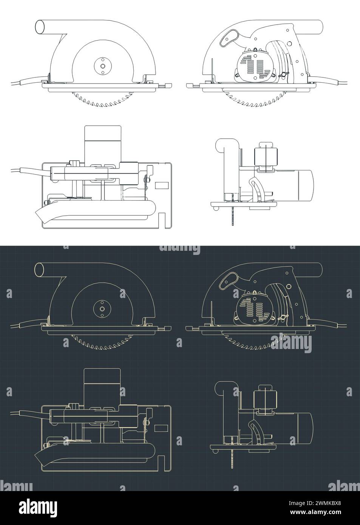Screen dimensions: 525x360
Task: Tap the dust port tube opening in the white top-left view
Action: point(39,27)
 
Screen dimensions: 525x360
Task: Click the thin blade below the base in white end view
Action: point(231,217)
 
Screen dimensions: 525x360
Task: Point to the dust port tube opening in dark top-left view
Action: point(39,270)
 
